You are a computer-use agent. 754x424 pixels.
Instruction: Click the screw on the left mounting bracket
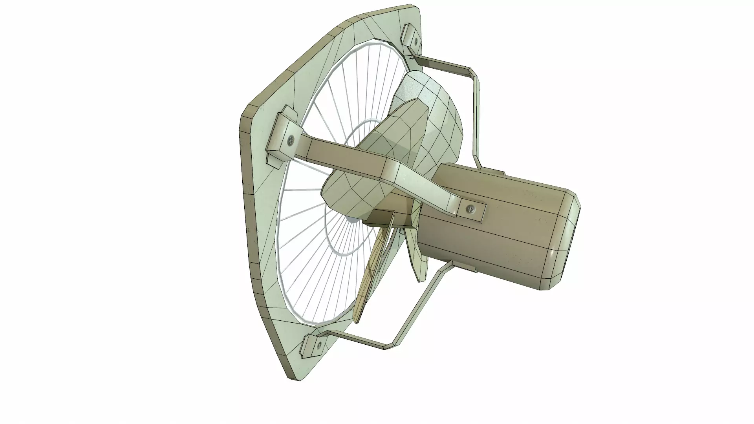click(x=291, y=139)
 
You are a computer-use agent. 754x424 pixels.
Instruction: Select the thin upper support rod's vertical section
click(x=478, y=118)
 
